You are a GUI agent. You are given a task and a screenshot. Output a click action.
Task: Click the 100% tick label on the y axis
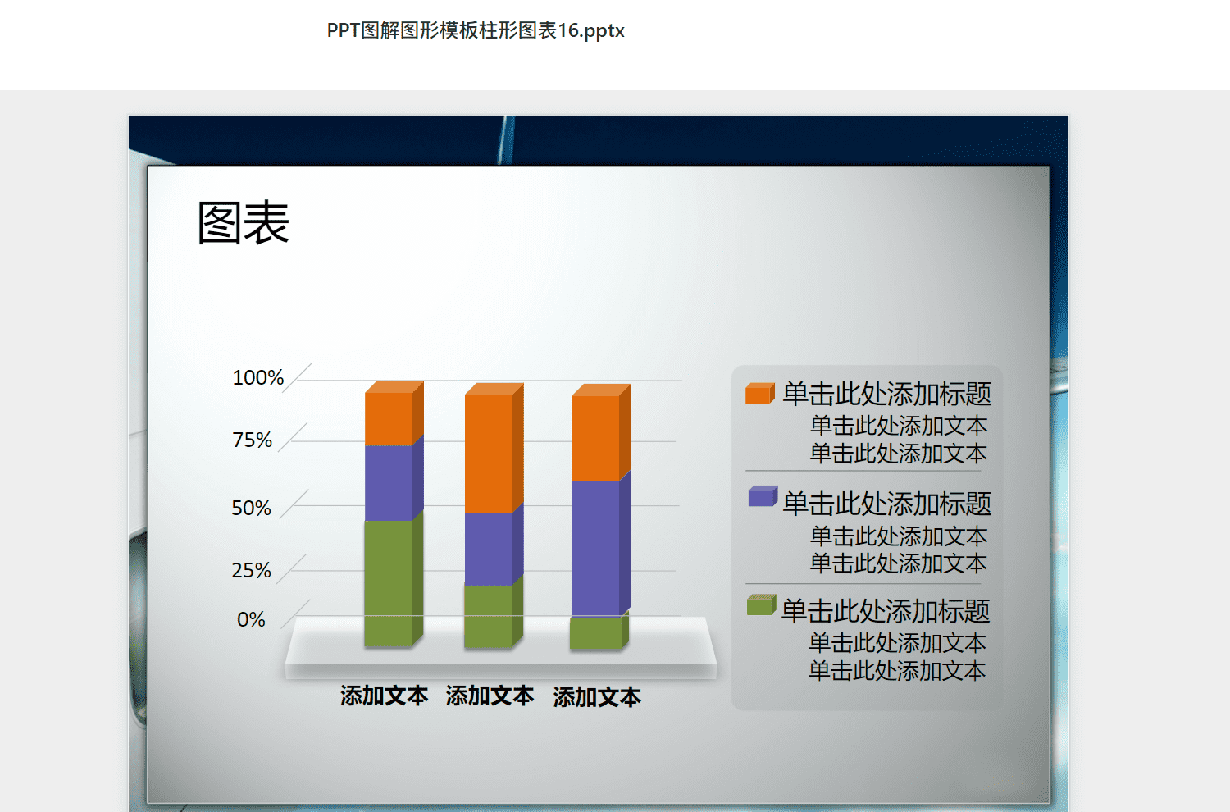pos(258,377)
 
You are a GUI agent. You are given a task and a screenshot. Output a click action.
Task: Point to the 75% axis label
pos(252,440)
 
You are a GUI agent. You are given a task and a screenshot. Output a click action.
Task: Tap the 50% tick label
pos(252,508)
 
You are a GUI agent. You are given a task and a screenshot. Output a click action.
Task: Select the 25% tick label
pos(252,570)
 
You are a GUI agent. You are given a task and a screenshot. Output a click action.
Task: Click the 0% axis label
pos(251,620)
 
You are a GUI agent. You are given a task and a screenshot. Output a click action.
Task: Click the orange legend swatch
pos(760,394)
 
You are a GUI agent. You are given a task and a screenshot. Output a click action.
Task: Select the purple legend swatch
pos(763,496)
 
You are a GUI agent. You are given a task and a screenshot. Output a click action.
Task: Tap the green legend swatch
pos(762,604)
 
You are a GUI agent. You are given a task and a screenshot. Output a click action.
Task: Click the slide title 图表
pos(244,222)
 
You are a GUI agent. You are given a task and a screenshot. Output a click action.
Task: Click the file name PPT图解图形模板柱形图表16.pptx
pos(476,30)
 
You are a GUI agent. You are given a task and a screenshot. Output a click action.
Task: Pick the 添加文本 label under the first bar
pos(384,696)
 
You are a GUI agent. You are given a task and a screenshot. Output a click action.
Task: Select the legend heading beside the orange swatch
pos(886,394)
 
